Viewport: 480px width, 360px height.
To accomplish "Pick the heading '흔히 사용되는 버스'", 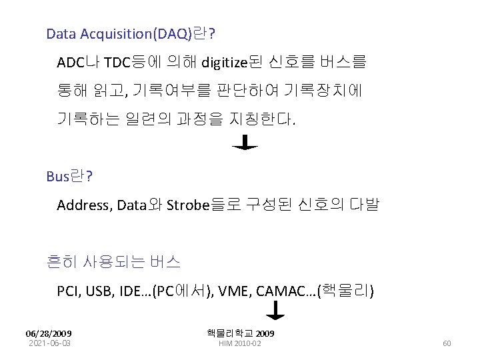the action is tap(113, 262).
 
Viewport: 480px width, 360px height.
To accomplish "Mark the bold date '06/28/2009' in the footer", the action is tap(49, 333).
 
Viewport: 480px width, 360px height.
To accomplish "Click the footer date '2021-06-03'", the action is tap(49, 343).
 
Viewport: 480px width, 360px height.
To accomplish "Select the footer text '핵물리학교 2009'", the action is tap(241, 333).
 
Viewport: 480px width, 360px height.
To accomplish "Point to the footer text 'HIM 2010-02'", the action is tap(241, 343).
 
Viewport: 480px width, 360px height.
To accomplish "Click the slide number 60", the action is tap(447, 343).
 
